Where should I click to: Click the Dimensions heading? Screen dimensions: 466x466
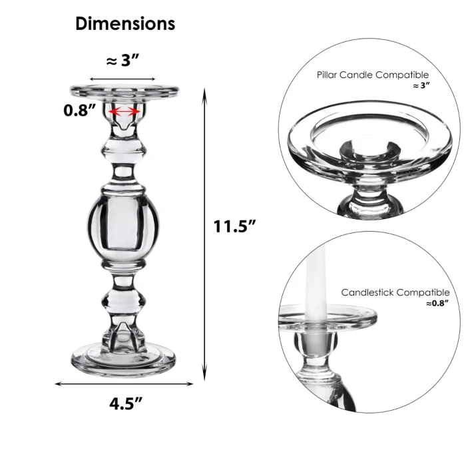click(125, 23)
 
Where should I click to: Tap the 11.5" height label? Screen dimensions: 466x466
click(235, 226)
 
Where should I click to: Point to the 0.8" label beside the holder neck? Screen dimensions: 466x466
click(79, 111)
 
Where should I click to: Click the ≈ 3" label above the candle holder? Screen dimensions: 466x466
click(123, 60)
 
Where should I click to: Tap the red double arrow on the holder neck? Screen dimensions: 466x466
click(125, 113)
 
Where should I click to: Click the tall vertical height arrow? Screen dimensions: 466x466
click(205, 233)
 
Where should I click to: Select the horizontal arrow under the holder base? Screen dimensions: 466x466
click(124, 383)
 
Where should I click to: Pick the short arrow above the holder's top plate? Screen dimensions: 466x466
click(123, 79)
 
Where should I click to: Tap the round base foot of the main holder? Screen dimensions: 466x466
click(124, 359)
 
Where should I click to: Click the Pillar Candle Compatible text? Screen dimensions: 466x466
click(373, 75)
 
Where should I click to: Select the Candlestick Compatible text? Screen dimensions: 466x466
click(395, 292)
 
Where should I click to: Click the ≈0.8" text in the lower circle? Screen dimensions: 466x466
click(437, 304)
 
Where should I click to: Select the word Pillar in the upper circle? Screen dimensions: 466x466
click(328, 75)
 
